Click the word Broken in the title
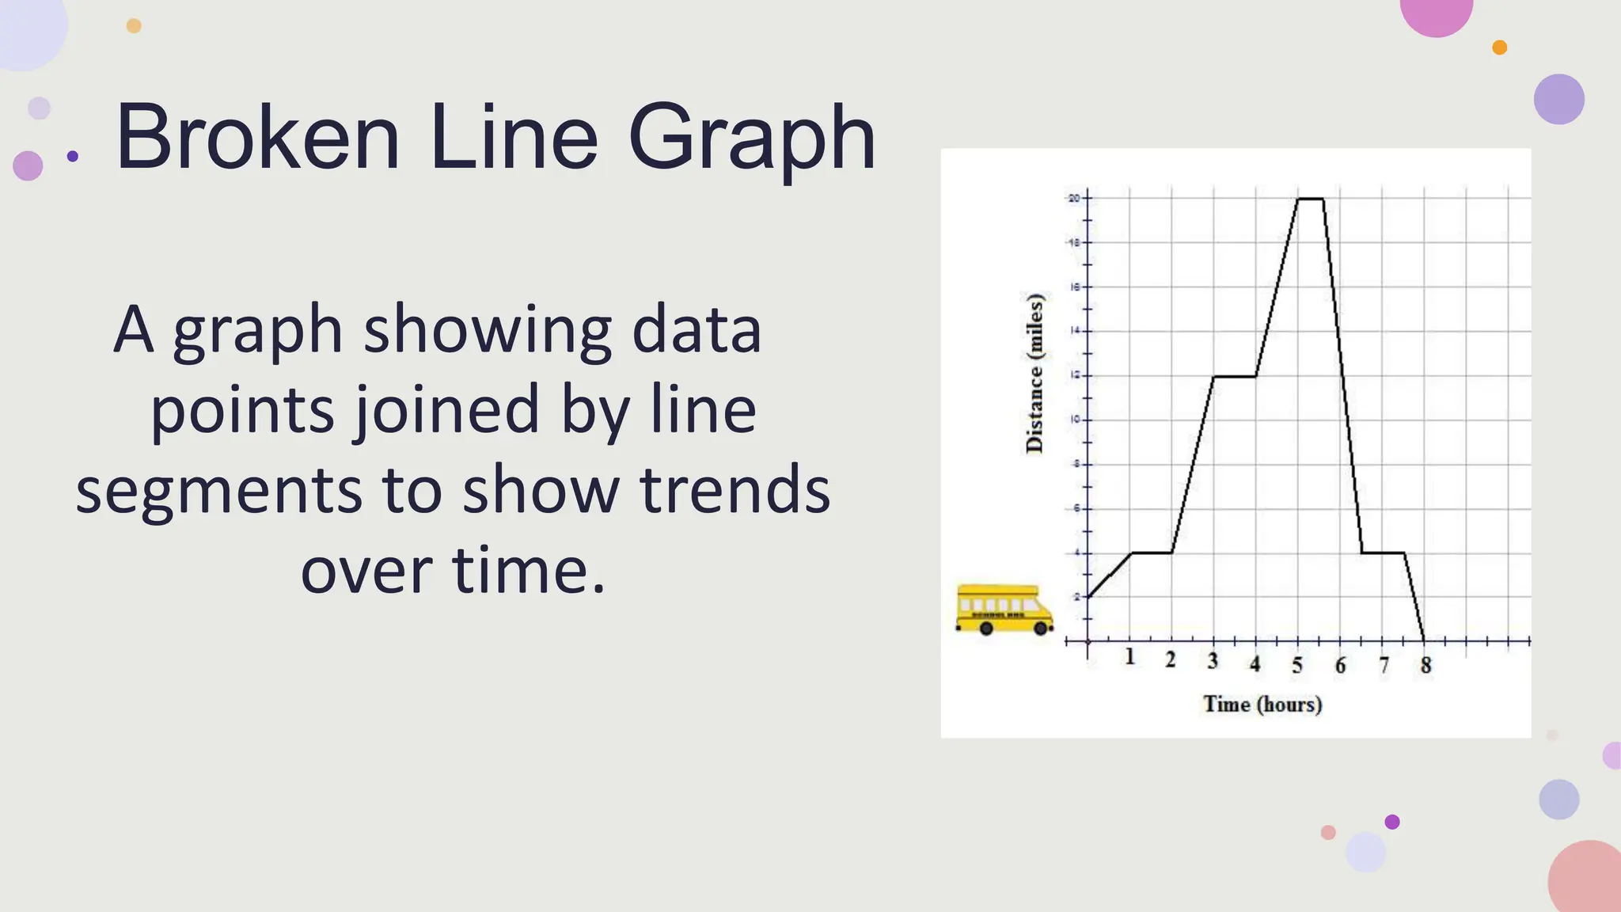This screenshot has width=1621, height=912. coord(258,139)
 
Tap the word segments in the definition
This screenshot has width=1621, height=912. coord(218,490)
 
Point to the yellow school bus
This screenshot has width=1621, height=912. coord(1004,610)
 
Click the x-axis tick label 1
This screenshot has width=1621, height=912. coord(1129,656)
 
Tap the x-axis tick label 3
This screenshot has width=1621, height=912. coord(1213,660)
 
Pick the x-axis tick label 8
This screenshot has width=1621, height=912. coord(1425,666)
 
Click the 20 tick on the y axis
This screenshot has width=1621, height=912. coord(1074,198)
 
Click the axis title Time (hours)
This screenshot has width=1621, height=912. coord(1262,704)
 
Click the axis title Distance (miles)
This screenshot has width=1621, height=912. coord(1034,373)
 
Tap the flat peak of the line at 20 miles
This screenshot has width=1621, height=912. coord(1310,199)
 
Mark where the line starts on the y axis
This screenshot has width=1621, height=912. coord(1088,597)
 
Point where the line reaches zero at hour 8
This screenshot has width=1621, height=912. coord(1425,640)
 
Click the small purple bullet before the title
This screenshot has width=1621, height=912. coord(73,156)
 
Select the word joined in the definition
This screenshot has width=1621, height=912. coord(446,410)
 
